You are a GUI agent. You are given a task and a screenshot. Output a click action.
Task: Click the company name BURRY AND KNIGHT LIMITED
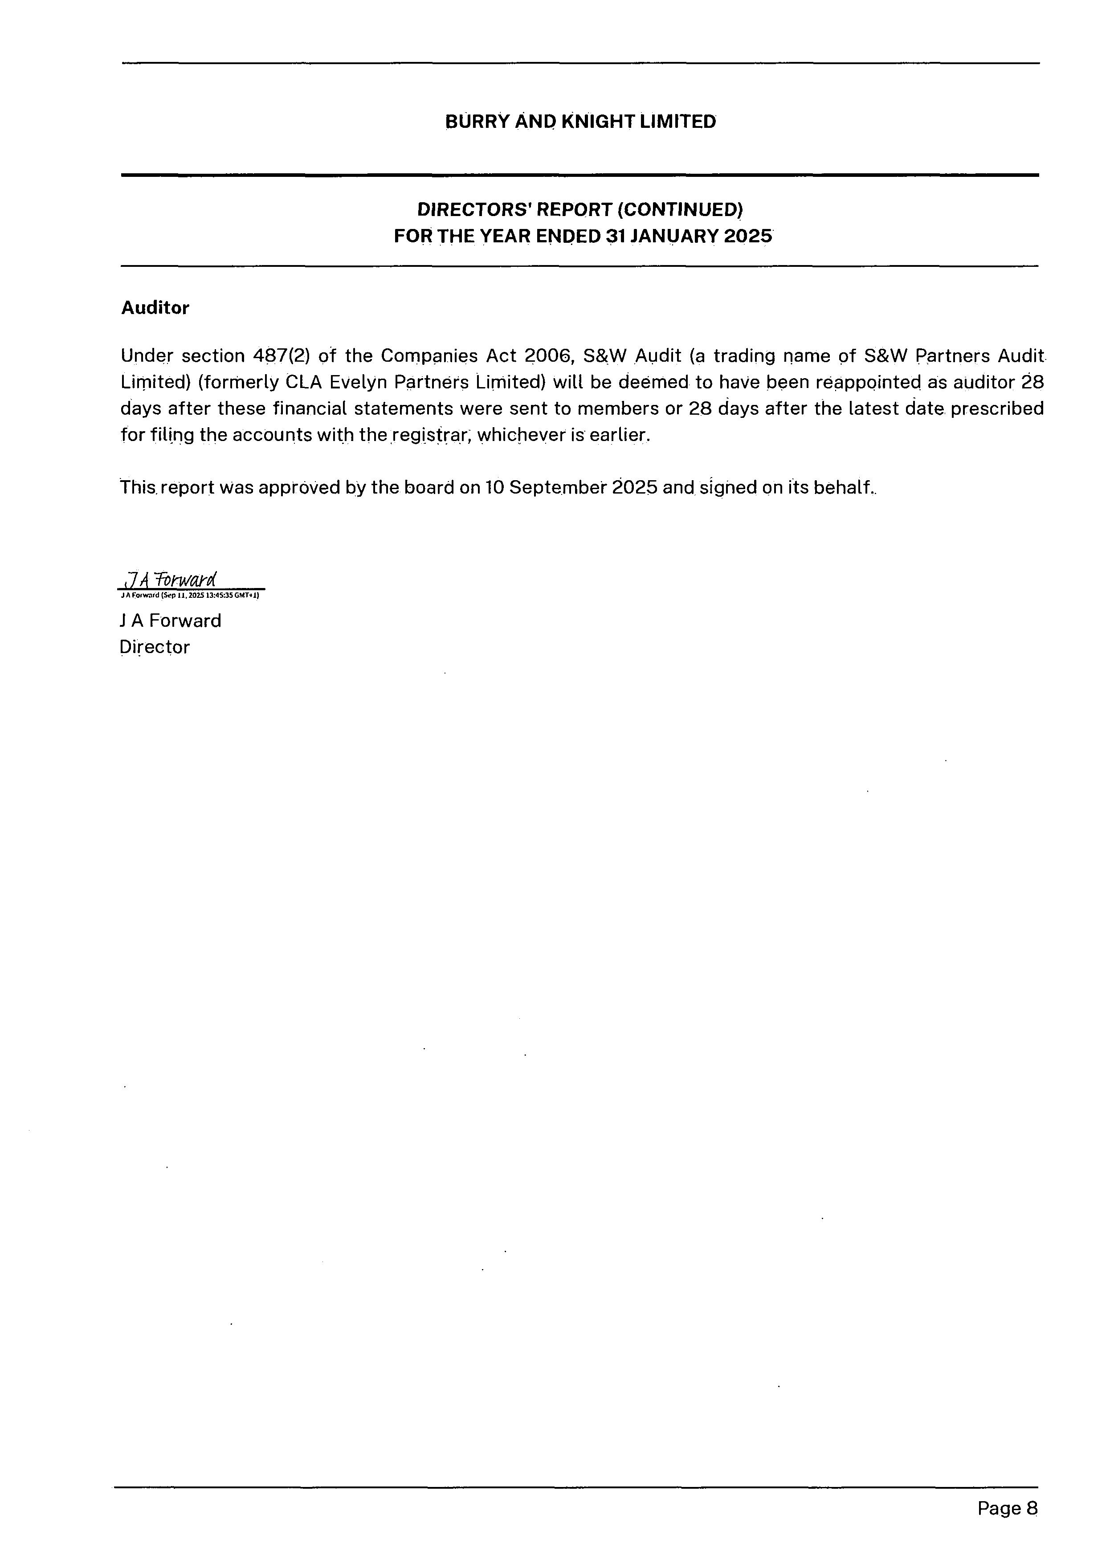[580, 122]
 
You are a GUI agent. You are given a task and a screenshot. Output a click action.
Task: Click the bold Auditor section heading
[155, 308]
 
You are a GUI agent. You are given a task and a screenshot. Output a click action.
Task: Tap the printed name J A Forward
[170, 621]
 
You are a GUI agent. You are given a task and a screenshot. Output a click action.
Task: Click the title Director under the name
[155, 647]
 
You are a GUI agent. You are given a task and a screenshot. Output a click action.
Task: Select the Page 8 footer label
[1007, 1508]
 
